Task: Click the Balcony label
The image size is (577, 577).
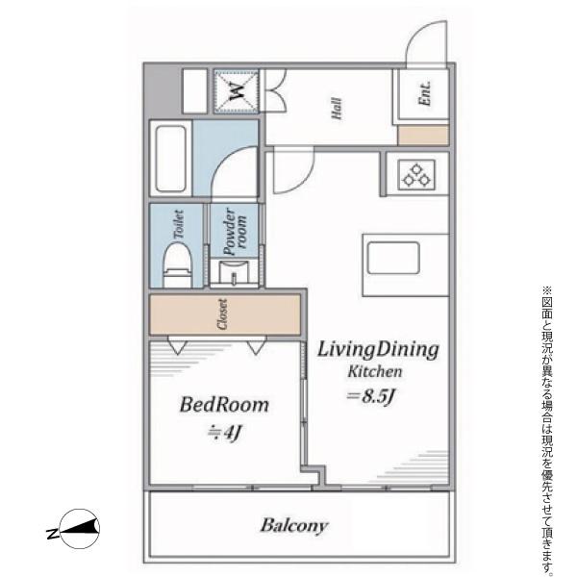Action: point(293,525)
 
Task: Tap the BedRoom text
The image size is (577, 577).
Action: point(224,405)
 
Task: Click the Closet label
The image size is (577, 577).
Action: point(222,314)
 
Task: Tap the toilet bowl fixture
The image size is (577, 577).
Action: point(177,264)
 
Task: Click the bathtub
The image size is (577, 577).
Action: point(170,159)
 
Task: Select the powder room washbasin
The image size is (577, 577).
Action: point(234,271)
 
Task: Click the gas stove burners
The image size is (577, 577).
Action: point(416,175)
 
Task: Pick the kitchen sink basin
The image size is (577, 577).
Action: point(393,259)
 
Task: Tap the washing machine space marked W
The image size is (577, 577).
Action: point(237,91)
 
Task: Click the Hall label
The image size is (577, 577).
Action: point(337,108)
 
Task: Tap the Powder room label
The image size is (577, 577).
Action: point(235,232)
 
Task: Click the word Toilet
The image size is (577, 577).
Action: point(178,224)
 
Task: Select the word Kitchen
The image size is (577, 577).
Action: point(375,371)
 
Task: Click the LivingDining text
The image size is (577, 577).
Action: point(378,350)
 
